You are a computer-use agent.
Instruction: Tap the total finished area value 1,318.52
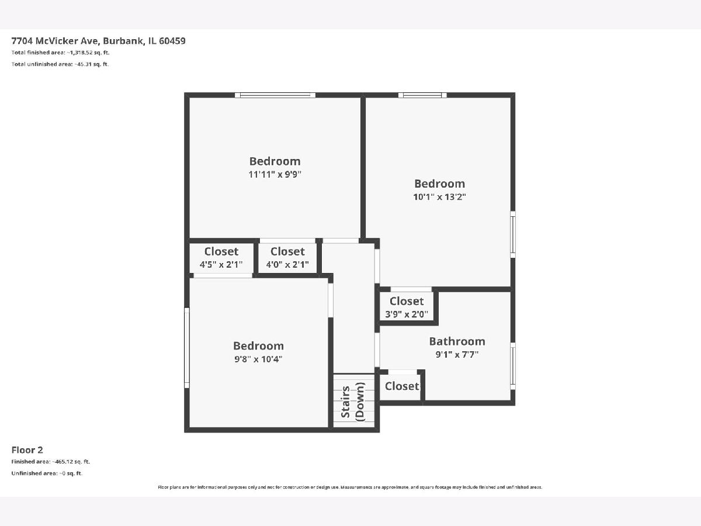pyautogui.click(x=81, y=53)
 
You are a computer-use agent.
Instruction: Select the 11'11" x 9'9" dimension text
pyautogui.click(x=275, y=174)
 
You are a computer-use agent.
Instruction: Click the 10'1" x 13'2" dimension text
pyautogui.click(x=439, y=197)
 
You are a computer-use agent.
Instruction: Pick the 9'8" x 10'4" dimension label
pyautogui.click(x=258, y=359)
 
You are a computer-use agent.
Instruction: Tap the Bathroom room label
pyautogui.click(x=457, y=341)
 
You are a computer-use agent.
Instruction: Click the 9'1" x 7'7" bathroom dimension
pyautogui.click(x=457, y=355)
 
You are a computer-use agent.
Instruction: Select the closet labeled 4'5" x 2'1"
pyautogui.click(x=221, y=258)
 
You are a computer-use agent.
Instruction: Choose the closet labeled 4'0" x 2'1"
pyautogui.click(x=287, y=258)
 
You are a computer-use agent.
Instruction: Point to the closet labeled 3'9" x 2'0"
pyautogui.click(x=407, y=307)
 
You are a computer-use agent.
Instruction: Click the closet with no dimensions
pyautogui.click(x=400, y=387)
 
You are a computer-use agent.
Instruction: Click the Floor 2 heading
pyautogui.click(x=27, y=450)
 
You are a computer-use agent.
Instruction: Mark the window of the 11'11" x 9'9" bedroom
pyautogui.click(x=275, y=95)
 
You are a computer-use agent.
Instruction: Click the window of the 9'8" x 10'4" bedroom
pyautogui.click(x=187, y=348)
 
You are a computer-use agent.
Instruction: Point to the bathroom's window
pyautogui.click(x=512, y=366)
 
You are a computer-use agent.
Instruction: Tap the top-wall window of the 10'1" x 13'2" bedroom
pyautogui.click(x=422, y=95)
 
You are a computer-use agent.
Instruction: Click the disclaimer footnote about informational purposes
pyautogui.click(x=350, y=487)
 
